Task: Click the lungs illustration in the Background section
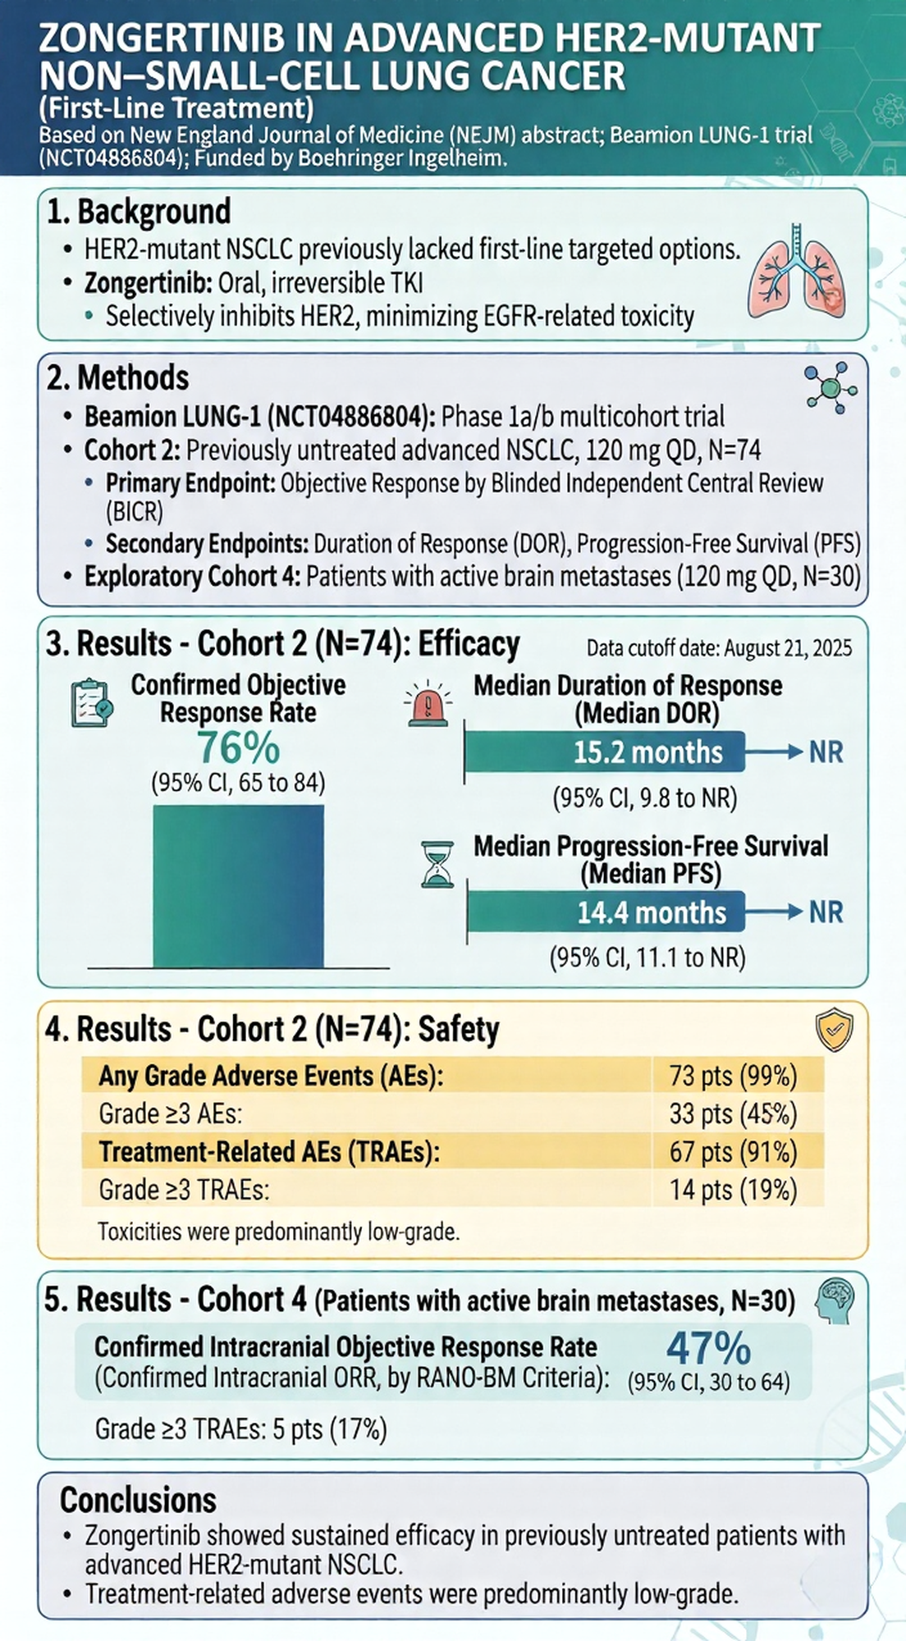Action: (x=796, y=272)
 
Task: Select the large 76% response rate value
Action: (x=239, y=747)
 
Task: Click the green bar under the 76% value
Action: (x=238, y=886)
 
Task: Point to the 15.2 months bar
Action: (x=605, y=752)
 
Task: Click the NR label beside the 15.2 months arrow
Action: (x=826, y=752)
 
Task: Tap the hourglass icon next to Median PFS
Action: (x=437, y=864)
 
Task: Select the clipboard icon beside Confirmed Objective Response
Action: (x=91, y=703)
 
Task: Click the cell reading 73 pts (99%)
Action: (x=733, y=1076)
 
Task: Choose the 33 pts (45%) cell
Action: (x=733, y=1113)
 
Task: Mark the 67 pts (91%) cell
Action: (x=733, y=1152)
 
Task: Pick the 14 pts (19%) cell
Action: (x=733, y=1190)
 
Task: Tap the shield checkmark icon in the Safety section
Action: (x=834, y=1031)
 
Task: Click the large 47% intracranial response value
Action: (x=708, y=1348)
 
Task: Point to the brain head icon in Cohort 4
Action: (x=835, y=1301)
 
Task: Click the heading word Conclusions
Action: (x=138, y=1500)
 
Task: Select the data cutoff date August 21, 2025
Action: (x=719, y=648)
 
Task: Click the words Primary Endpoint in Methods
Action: (x=190, y=483)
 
